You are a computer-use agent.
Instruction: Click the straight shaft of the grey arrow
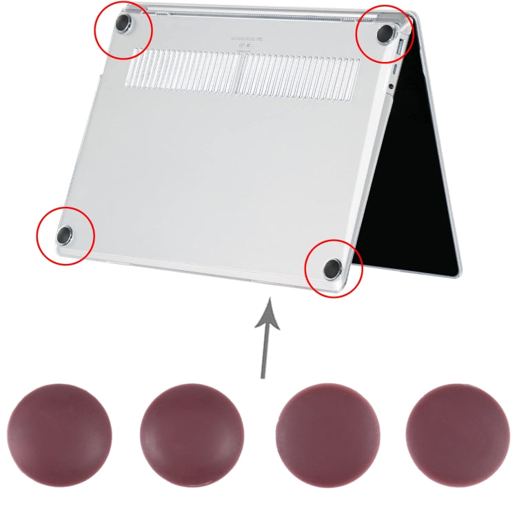tap(264, 352)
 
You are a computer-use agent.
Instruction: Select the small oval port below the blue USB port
tap(394, 70)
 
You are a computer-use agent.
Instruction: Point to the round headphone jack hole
tap(391, 85)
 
